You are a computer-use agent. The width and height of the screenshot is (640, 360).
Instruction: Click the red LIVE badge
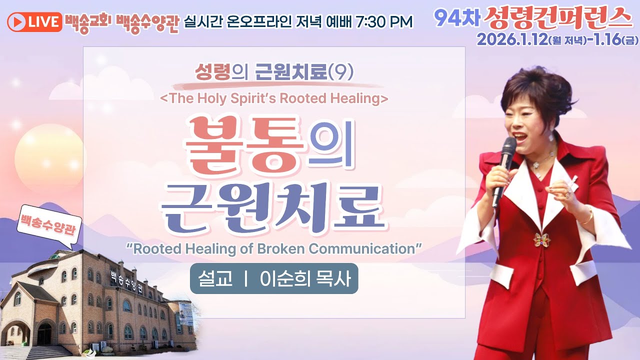click(x=34, y=21)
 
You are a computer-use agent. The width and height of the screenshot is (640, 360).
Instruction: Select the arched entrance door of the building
click(x=44, y=333)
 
